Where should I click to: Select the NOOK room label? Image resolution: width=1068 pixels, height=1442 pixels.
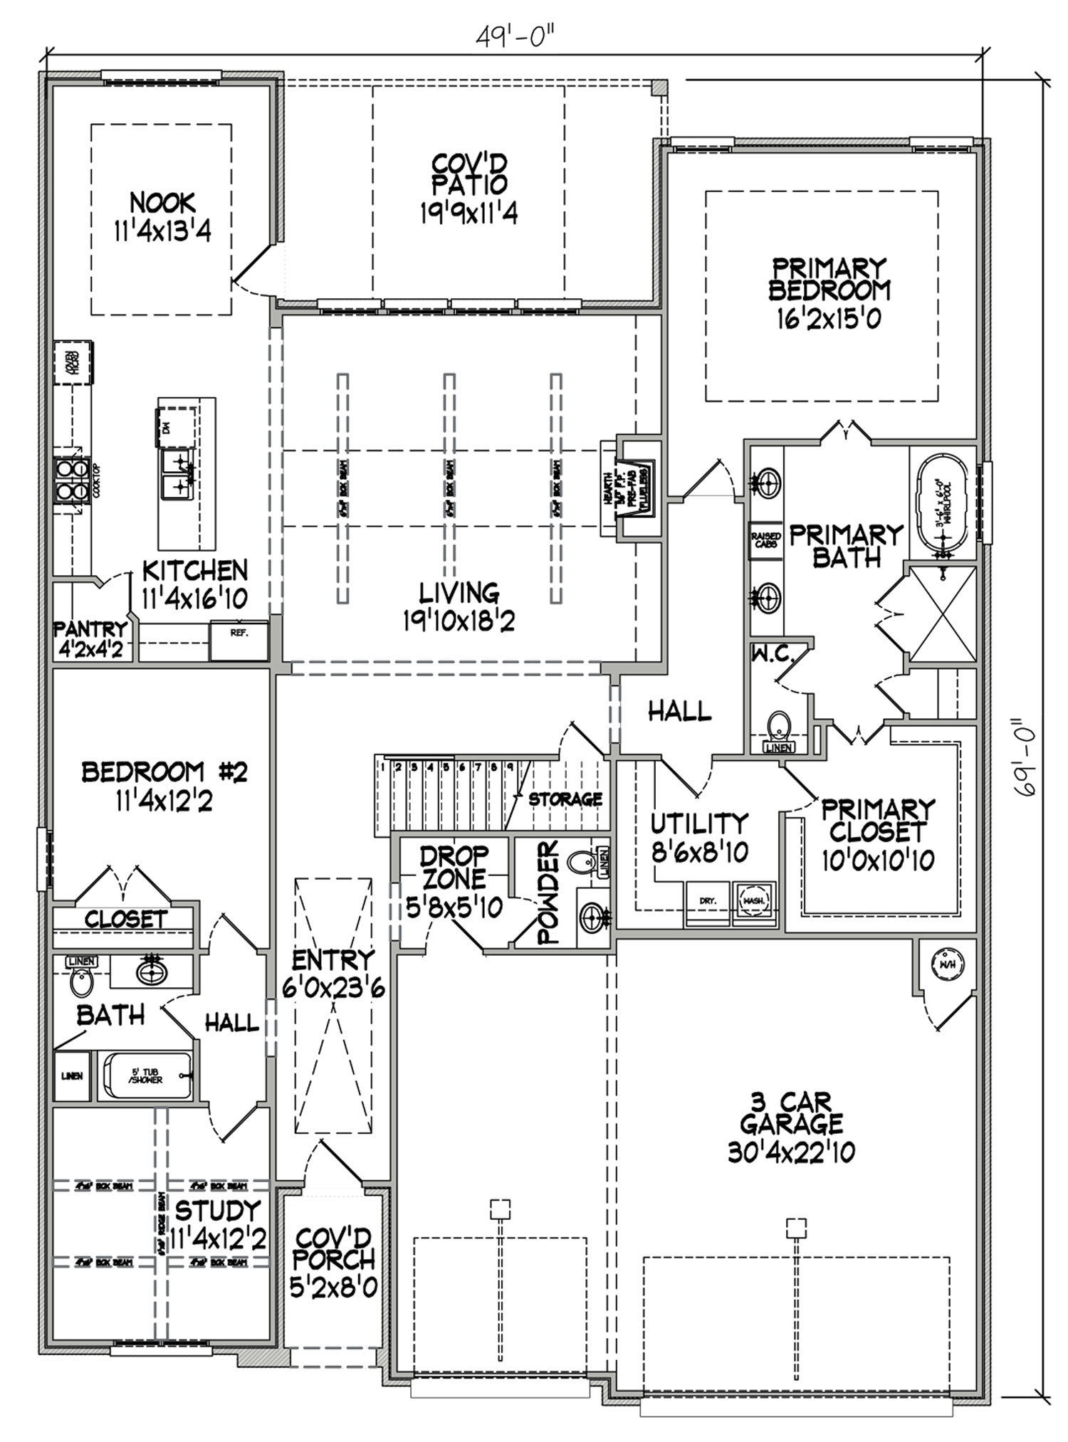pyautogui.click(x=162, y=203)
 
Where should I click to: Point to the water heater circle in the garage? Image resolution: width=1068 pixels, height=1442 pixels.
pyautogui.click(x=947, y=965)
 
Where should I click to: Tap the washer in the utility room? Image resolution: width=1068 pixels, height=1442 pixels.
pyautogui.click(x=753, y=902)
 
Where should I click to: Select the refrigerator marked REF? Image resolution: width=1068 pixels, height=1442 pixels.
pyautogui.click(x=239, y=639)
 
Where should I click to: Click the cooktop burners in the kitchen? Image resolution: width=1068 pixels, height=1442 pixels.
pyautogui.click(x=71, y=480)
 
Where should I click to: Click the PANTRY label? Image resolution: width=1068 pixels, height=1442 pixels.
pyautogui.click(x=90, y=629)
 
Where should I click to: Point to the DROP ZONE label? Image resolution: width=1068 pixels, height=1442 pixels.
pyautogui.click(x=454, y=867)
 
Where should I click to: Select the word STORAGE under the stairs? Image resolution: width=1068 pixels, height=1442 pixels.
pyautogui.click(x=565, y=799)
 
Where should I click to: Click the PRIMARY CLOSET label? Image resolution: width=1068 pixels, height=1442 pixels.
pyautogui.click(x=876, y=820)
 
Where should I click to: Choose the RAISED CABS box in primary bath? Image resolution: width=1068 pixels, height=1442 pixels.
pyautogui.click(x=766, y=540)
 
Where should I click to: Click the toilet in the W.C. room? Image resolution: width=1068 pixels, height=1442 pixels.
pyautogui.click(x=780, y=725)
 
